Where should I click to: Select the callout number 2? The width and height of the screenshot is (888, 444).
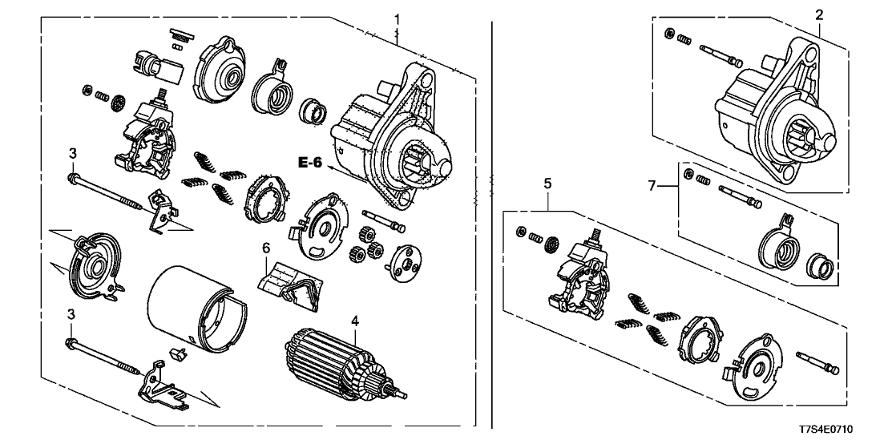819,14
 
